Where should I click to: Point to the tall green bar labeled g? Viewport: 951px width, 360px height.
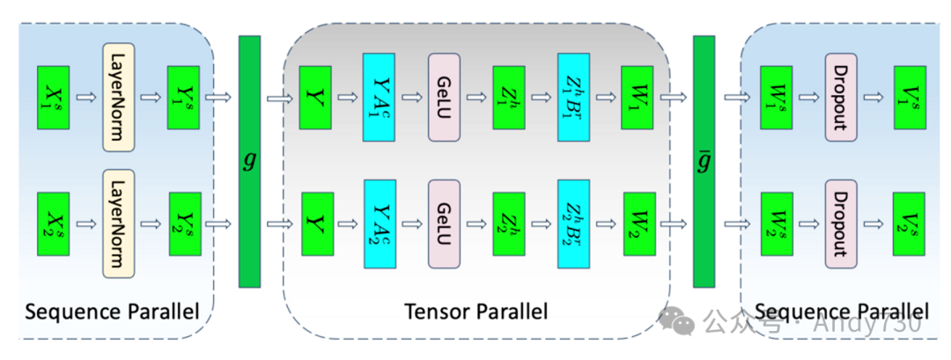pyautogui.click(x=250, y=161)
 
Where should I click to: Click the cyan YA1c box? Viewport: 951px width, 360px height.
pyautogui.click(x=379, y=97)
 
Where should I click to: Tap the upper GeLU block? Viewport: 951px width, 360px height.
pyautogui.click(x=445, y=97)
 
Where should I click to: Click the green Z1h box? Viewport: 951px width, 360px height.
pyautogui.click(x=509, y=97)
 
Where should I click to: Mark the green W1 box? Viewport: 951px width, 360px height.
pyautogui.click(x=638, y=97)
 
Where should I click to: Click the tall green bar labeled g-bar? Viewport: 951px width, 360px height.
pyautogui.click(x=704, y=161)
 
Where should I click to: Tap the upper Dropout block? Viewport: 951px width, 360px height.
pyautogui.click(x=840, y=97)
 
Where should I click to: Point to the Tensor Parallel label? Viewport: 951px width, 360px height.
pyautogui.click(x=475, y=311)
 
